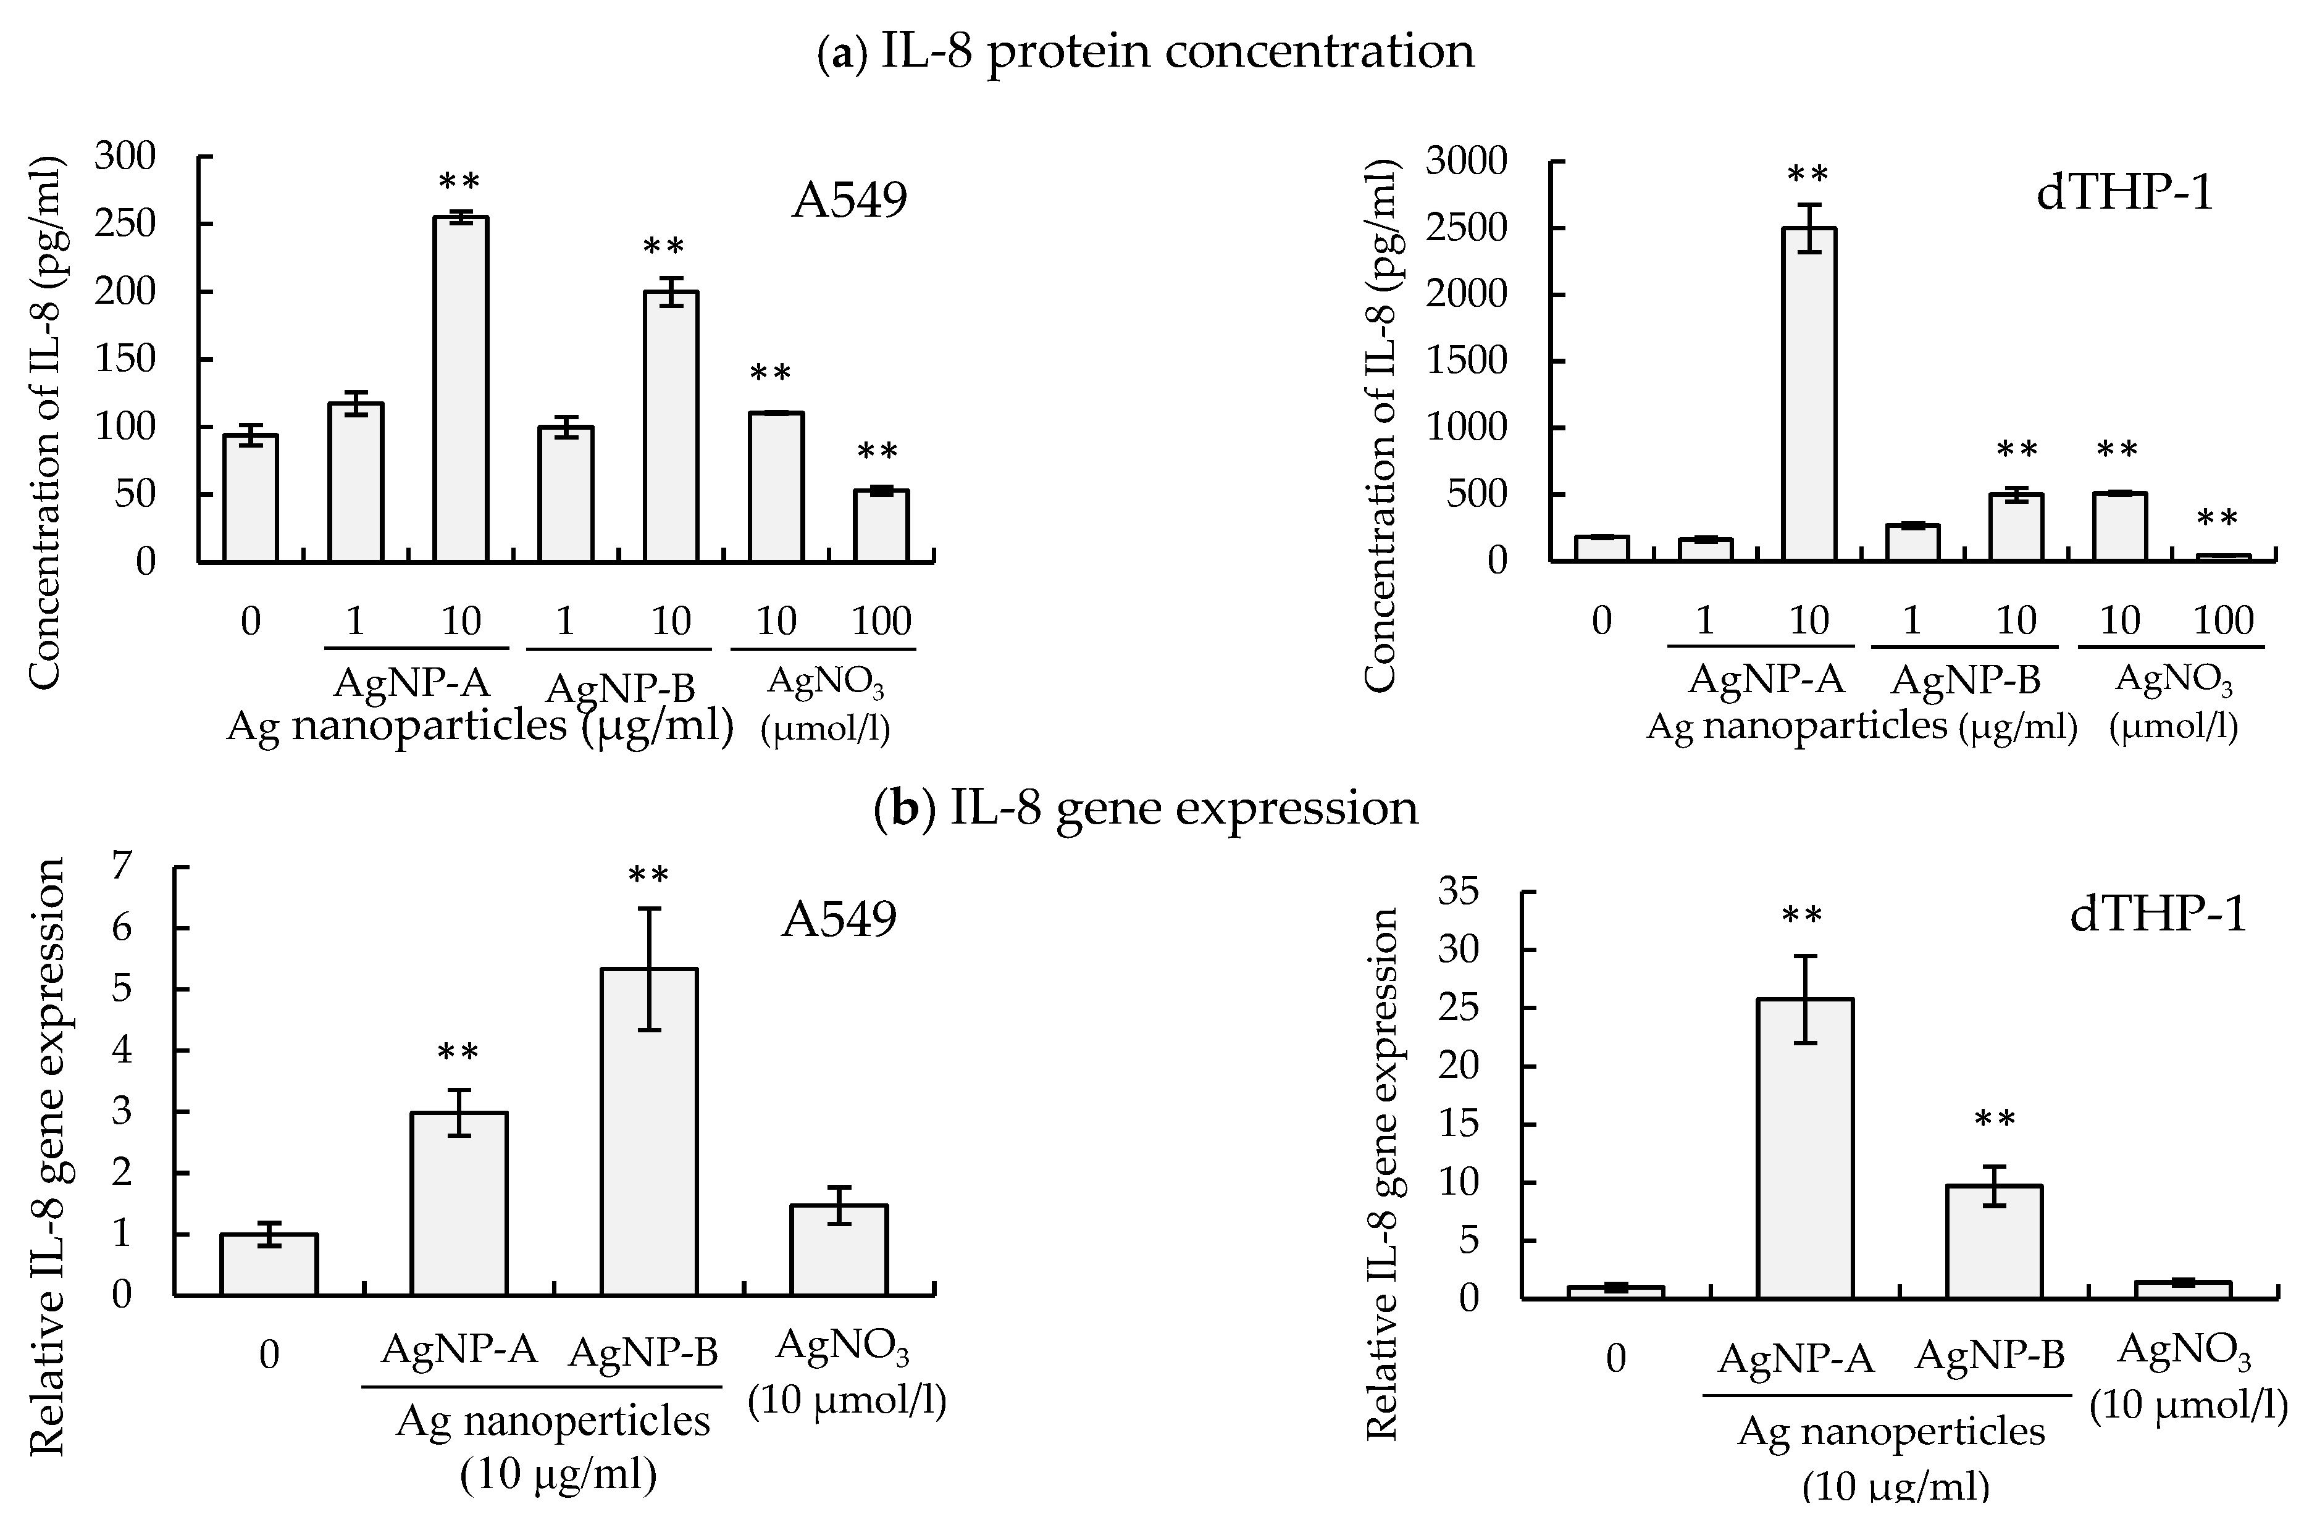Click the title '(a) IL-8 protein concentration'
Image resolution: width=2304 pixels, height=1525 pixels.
[x=1146, y=51]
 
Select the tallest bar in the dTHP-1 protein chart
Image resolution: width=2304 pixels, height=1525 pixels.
[x=1808, y=394]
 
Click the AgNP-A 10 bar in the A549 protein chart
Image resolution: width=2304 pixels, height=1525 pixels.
[x=461, y=389]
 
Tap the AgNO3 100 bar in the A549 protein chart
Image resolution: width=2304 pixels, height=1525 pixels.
[x=881, y=526]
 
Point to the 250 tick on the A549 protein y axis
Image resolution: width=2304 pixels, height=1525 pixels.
[x=125, y=224]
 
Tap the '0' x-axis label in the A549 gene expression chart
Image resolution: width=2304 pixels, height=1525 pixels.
[x=269, y=1355]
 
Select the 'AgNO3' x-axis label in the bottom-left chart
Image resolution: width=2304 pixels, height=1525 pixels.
[x=842, y=1347]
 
